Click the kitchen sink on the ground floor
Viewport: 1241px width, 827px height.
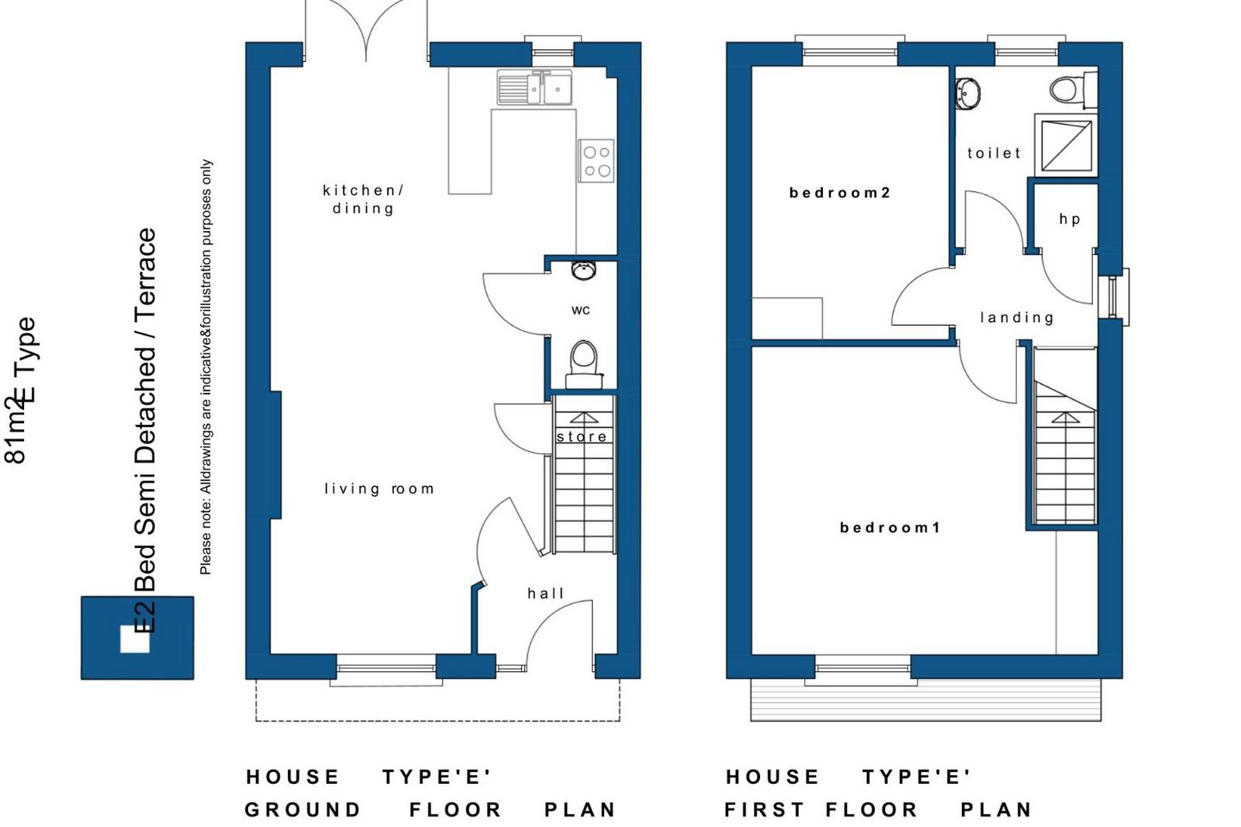[534, 87]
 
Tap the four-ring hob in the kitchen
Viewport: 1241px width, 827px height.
[596, 160]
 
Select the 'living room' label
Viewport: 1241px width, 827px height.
[379, 488]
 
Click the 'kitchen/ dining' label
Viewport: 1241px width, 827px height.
[364, 199]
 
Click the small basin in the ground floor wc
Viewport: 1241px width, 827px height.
[583, 270]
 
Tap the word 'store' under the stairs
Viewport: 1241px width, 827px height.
[582, 437]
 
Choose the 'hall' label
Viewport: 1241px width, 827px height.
[546, 594]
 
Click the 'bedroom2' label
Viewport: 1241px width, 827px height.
[839, 193]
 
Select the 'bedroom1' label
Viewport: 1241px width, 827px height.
[890, 527]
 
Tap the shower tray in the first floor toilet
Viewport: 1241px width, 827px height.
[1067, 146]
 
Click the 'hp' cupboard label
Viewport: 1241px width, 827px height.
[1070, 220]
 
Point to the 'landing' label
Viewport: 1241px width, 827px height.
[1017, 317]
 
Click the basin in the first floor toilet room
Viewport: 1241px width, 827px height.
[968, 93]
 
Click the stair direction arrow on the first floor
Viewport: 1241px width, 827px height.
[1065, 419]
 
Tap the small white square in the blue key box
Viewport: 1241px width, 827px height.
[135, 639]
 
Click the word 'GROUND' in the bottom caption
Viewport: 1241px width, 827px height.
[303, 810]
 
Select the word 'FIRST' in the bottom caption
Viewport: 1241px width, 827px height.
[764, 810]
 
